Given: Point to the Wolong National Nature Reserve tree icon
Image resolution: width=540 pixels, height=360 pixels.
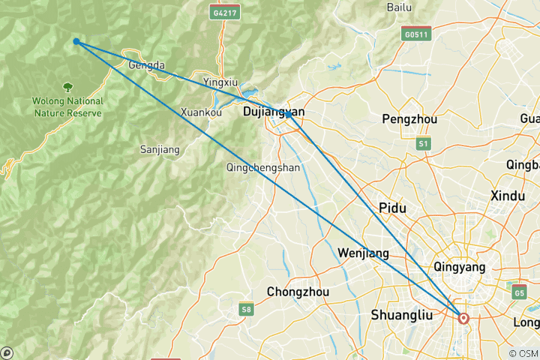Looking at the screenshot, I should [69, 88].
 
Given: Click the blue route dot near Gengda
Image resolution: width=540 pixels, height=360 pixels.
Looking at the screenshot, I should [76, 42].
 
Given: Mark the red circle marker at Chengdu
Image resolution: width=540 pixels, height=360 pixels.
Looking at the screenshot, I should [463, 318].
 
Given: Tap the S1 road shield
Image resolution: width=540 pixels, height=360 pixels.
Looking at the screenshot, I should [424, 142].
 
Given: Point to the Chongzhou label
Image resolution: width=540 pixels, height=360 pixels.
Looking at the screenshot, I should [295, 291].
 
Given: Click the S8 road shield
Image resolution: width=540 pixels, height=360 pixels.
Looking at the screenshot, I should [246, 308].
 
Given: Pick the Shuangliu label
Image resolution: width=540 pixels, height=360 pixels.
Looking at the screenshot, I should [401, 316].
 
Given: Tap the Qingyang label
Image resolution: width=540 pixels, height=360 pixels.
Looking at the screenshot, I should [460, 266].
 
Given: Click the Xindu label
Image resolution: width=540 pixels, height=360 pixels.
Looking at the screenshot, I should [508, 195].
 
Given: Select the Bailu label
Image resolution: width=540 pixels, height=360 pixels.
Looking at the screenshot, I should [400, 7].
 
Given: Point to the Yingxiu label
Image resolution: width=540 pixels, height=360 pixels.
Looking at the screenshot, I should [221, 81].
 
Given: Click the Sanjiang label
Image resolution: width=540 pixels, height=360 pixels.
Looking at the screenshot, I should [160, 149].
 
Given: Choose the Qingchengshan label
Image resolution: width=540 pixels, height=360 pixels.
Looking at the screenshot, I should [263, 168].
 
